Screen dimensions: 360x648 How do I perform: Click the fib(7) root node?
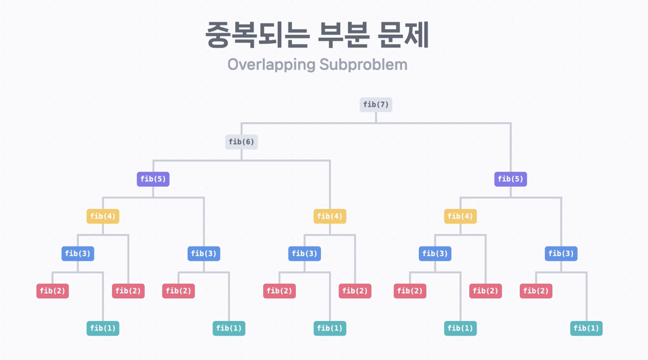click(x=375, y=105)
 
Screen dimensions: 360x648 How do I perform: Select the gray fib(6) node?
click(x=241, y=142)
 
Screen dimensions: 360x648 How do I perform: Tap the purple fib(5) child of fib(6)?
click(x=153, y=179)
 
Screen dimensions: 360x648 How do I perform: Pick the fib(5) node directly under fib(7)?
click(x=510, y=179)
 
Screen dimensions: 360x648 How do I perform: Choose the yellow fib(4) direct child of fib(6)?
click(x=330, y=216)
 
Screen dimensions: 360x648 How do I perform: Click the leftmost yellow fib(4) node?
click(x=103, y=216)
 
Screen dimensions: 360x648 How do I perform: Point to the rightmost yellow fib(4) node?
click(x=460, y=216)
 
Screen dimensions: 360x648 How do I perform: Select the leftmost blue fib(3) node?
click(x=78, y=254)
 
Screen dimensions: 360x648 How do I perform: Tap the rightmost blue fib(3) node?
click(x=561, y=254)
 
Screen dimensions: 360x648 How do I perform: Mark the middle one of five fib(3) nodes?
click(x=304, y=254)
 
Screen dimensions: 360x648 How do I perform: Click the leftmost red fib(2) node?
click(x=52, y=291)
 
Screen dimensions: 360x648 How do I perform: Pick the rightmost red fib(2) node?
click(x=536, y=291)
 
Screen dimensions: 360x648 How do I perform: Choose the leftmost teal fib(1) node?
click(x=103, y=328)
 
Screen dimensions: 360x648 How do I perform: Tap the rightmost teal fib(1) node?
click(x=586, y=328)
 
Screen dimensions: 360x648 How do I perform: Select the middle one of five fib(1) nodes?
click(x=330, y=328)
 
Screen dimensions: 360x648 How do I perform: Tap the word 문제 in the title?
click(x=404, y=35)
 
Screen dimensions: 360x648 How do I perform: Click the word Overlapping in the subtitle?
click(x=271, y=65)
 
